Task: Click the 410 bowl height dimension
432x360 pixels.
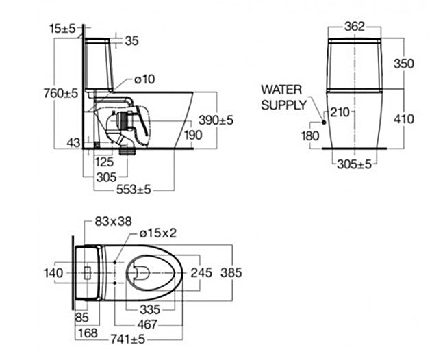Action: point(404,118)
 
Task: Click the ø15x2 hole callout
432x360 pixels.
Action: point(157,233)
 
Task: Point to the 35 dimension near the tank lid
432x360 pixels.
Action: point(131,41)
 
